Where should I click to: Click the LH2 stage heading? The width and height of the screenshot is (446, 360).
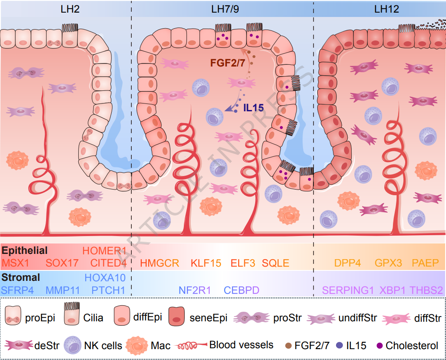click(70, 9)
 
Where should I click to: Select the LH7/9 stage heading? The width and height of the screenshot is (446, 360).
click(225, 9)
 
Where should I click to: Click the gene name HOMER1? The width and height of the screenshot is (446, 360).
click(104, 251)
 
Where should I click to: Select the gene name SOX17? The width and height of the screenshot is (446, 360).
click(62, 263)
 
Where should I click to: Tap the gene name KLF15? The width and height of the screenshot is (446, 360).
click(206, 263)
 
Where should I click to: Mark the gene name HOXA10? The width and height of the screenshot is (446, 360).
click(105, 278)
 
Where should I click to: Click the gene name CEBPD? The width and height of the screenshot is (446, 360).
click(241, 290)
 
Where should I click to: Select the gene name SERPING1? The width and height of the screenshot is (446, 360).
click(348, 290)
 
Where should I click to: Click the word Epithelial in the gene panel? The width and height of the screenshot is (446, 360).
click(25, 251)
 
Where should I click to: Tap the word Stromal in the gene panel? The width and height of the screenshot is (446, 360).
click(21, 277)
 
